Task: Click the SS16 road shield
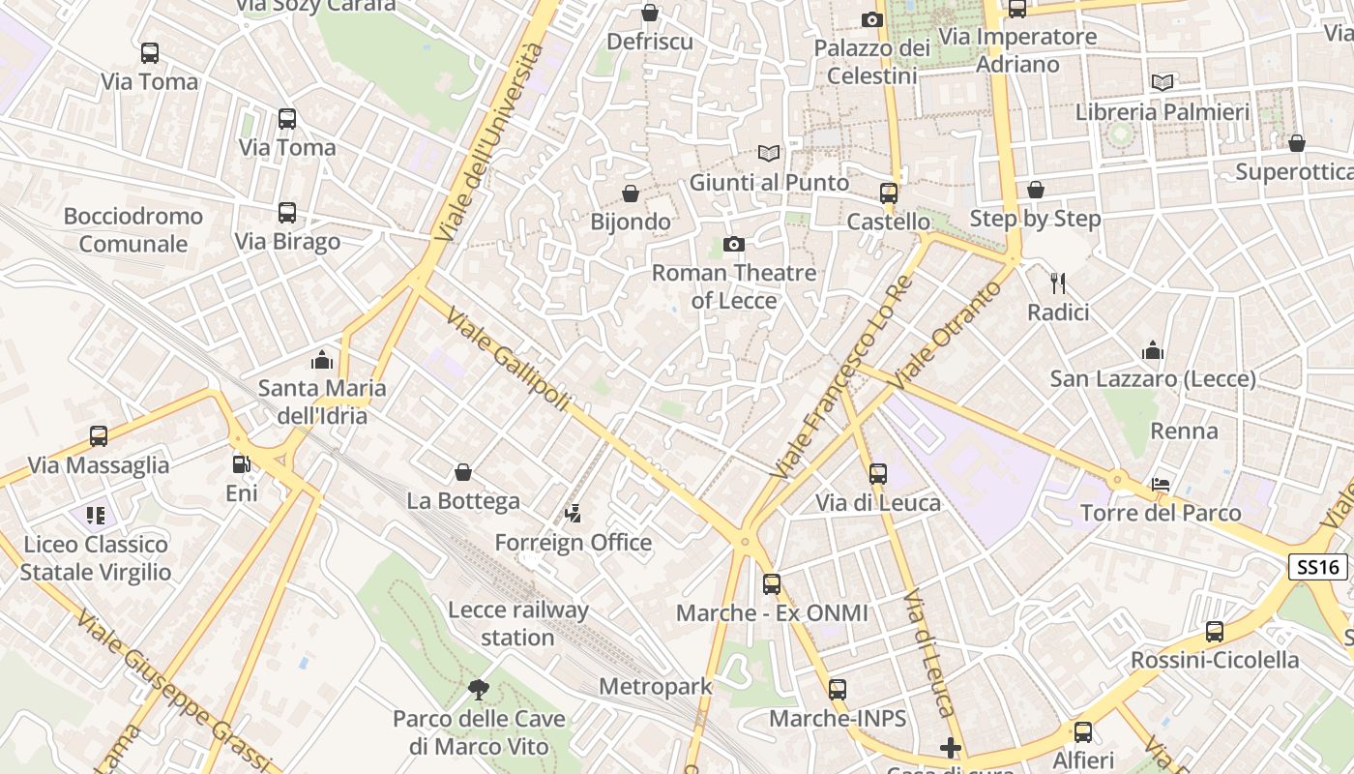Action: [x=1317, y=567]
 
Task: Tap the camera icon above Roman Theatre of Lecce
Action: [x=734, y=244]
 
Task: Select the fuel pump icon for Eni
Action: [x=241, y=464]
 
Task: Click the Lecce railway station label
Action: [x=517, y=624]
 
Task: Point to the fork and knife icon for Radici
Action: [x=1058, y=283]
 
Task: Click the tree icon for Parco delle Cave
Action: [x=478, y=689]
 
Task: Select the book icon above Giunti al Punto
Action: [x=769, y=154]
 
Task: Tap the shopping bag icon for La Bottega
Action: [x=463, y=472]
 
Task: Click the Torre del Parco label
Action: [x=1161, y=513]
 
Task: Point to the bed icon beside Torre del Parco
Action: [x=1161, y=484]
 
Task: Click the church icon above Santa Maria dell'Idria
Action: [x=322, y=360]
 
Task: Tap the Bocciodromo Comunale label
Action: [x=133, y=229]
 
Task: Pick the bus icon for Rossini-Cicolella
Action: [x=1215, y=632]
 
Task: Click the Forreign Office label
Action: [x=573, y=543]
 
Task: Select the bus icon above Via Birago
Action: [x=287, y=213]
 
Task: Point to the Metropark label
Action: [x=655, y=687]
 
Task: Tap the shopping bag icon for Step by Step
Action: [x=1036, y=190]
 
